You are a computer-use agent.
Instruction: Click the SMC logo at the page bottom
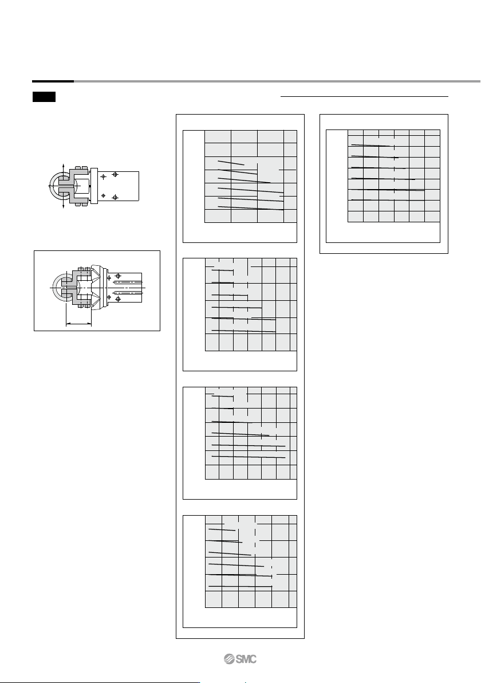coord(240,659)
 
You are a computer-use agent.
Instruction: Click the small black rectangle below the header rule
coord(44,97)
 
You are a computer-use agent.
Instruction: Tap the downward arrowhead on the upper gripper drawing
coord(64,206)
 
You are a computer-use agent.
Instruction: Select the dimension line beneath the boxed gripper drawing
coord(78,324)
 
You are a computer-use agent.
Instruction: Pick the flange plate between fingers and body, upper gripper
coord(95,186)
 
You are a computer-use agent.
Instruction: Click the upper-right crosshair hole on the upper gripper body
coord(115,174)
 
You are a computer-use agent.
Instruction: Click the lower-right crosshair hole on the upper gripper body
coord(115,197)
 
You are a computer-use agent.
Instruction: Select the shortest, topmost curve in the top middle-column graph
coord(231,163)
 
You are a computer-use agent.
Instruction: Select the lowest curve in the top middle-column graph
coord(251,208)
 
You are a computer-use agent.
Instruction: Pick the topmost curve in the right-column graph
coord(371,146)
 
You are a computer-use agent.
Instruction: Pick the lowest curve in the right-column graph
coord(380,199)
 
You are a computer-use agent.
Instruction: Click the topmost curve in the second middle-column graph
coord(222,270)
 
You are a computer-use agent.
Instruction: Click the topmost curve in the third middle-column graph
coord(222,396)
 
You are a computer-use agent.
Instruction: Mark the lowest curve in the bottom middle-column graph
coord(240,586)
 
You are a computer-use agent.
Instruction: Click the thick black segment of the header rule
coord(53,81)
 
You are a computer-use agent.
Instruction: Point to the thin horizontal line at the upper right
coord(364,96)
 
